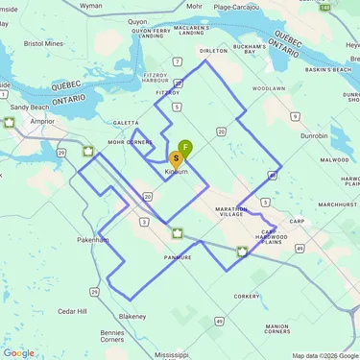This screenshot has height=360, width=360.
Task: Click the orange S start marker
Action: [176, 158]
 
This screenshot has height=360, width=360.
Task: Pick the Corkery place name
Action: [246, 297]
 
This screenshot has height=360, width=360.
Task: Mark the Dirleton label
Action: [211, 50]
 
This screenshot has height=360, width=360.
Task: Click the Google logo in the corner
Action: [19, 352]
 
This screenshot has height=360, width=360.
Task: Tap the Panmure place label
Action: [178, 257]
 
